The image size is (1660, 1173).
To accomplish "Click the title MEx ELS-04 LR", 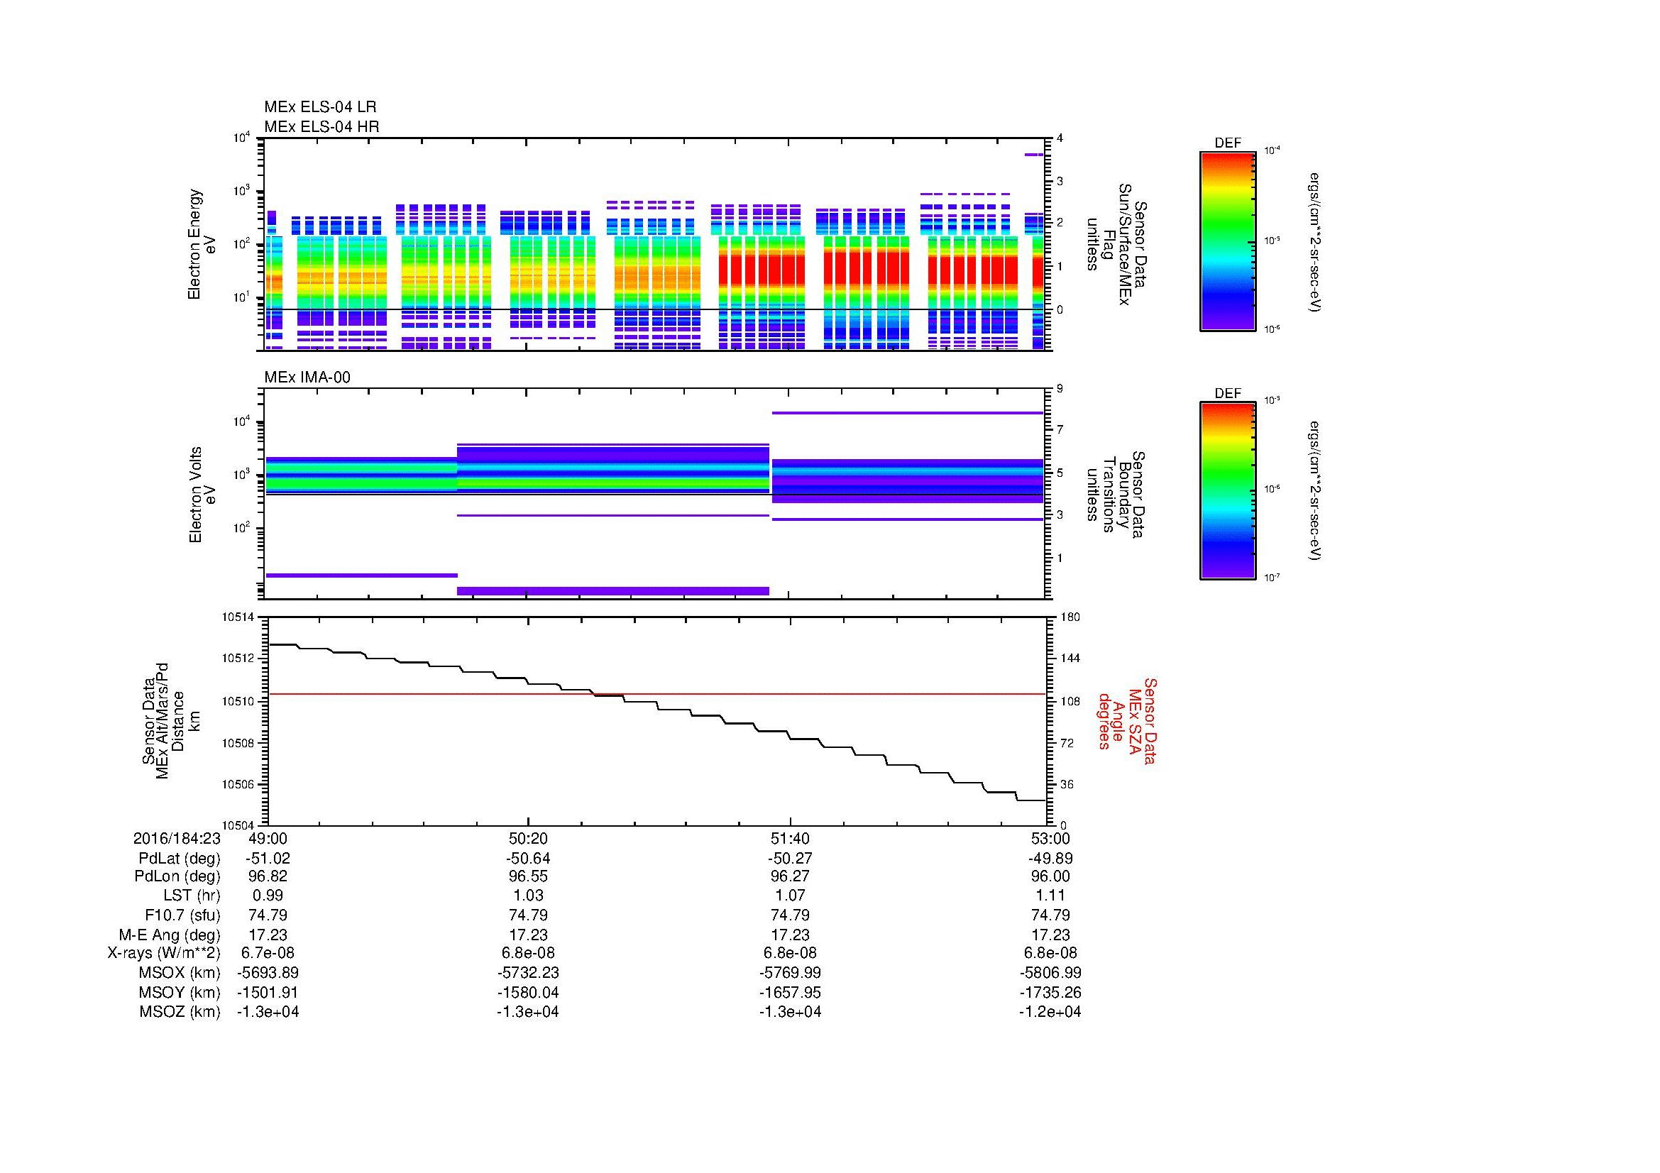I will pyautogui.click(x=320, y=107).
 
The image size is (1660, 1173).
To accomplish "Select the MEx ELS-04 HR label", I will pyautogui.click(x=321, y=126).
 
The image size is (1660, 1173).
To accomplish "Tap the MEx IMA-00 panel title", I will pyautogui.click(x=307, y=378).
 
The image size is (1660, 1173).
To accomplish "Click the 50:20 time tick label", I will pyautogui.click(x=529, y=838).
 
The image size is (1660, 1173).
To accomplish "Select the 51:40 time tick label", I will pyautogui.click(x=790, y=838).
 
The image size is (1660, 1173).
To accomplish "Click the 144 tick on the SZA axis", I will pyautogui.click(x=1070, y=659).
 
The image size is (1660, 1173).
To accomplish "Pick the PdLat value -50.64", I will pyautogui.click(x=529, y=859).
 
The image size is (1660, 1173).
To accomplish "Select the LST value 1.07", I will pyautogui.click(x=790, y=896).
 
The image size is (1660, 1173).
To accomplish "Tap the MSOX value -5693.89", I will pyautogui.click(x=268, y=973).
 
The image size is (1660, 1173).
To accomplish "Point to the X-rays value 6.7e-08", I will pyautogui.click(x=268, y=953).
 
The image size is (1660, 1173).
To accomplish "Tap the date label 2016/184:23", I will pyautogui.click(x=177, y=838).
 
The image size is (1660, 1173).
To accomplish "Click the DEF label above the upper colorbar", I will pyautogui.click(x=1228, y=143).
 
